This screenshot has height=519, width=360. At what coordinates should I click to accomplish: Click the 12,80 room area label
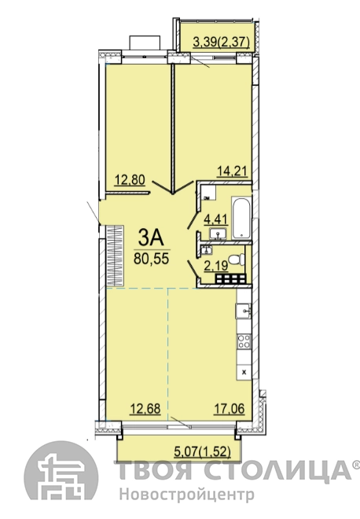point(130,180)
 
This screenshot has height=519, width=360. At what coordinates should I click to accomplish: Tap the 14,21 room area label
point(233,171)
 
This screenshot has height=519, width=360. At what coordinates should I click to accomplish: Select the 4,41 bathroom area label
point(216,219)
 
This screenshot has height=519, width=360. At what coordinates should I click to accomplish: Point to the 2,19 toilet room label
point(216,266)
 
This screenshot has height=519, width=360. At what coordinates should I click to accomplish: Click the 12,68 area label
point(145,409)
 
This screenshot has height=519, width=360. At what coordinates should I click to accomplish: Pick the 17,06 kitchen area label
point(230,409)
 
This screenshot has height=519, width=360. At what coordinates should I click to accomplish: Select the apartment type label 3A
point(151,238)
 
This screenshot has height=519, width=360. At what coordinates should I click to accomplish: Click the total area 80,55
point(151,259)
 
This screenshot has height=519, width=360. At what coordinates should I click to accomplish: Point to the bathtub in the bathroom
point(242,219)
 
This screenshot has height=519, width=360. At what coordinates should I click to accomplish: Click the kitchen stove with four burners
point(244,341)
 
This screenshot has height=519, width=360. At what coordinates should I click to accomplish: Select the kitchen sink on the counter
point(243,311)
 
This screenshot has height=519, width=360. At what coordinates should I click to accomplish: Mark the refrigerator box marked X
point(244,373)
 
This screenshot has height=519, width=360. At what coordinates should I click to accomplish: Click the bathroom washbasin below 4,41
point(218,234)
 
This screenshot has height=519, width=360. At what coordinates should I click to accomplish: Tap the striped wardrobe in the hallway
point(116,256)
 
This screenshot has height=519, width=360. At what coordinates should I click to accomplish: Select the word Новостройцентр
point(186,495)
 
